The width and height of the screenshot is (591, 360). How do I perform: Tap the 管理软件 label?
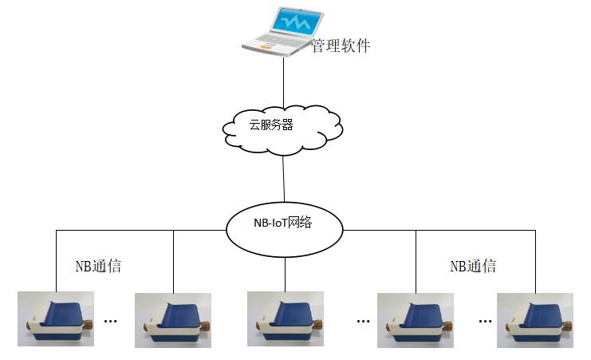(341, 45)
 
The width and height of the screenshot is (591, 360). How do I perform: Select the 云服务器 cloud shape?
(283, 125)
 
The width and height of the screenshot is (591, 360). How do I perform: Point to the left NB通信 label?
(98, 267)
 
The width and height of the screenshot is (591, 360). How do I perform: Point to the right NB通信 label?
(473, 267)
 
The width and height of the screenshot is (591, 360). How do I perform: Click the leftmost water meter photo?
(56, 319)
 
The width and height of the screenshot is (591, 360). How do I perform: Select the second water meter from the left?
(173, 319)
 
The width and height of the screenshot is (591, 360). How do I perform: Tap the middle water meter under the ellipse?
(286, 319)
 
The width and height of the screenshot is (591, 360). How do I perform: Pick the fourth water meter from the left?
(416, 319)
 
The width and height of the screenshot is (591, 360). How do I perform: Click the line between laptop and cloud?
(284, 80)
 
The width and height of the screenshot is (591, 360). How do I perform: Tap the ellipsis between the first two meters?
(111, 321)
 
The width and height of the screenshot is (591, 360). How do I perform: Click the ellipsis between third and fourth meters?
(364, 321)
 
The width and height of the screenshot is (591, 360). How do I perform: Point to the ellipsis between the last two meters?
(485, 321)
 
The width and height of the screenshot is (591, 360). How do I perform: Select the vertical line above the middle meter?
(285, 271)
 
